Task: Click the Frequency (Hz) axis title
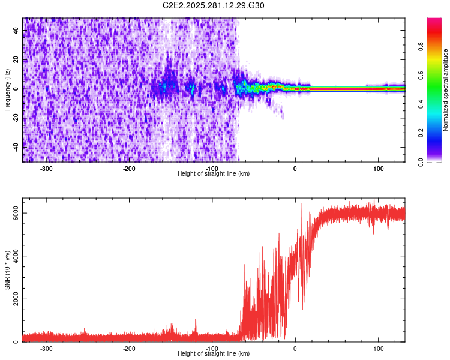(x=8, y=90)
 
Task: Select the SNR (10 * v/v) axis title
(x=8, y=270)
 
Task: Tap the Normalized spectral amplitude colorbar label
(x=446, y=90)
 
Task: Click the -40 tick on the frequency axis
(x=17, y=146)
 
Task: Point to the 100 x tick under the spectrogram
(x=378, y=168)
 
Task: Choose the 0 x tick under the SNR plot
(x=295, y=348)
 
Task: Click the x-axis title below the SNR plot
(x=214, y=354)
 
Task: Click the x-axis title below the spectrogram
(x=214, y=173)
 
